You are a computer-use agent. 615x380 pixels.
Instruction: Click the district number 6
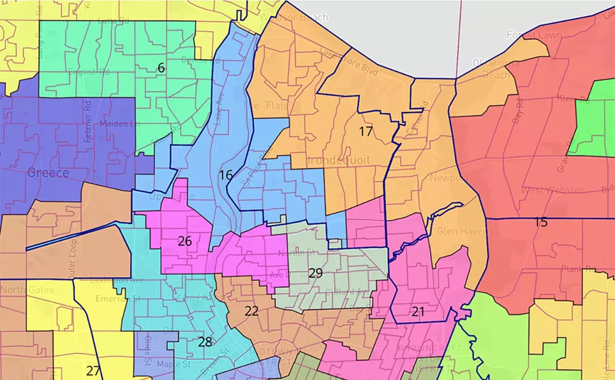pos(161,68)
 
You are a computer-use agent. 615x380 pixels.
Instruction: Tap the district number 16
pos(225,175)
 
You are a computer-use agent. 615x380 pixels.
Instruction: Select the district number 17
pos(366,132)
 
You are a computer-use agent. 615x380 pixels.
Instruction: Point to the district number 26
pos(184,241)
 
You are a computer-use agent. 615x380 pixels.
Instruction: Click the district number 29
pos(315,273)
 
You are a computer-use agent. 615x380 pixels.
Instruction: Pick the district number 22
pos(252,311)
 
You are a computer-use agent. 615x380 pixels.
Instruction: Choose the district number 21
pos(418,312)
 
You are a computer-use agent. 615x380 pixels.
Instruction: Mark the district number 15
pos(541,222)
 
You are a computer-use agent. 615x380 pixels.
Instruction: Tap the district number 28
pos(205,342)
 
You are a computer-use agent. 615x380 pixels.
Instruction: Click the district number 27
pos(93,371)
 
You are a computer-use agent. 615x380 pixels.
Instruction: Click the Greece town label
pos(48,173)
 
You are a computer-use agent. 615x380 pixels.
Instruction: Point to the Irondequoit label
pos(338,160)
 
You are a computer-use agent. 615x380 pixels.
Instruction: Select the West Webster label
pos(552,190)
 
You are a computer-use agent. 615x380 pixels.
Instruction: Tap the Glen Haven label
pos(461,231)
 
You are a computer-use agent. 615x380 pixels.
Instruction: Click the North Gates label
pos(27,290)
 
